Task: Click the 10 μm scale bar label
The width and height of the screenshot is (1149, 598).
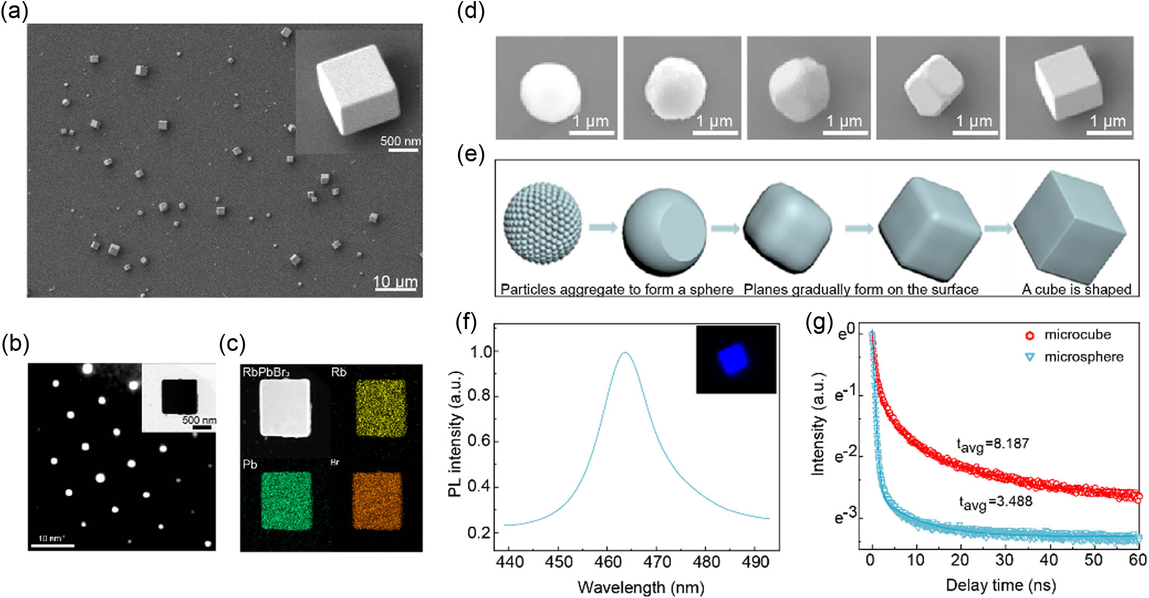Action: click(x=395, y=281)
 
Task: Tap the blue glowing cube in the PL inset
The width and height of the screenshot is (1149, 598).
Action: click(x=734, y=359)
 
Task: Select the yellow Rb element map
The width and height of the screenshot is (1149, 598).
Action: click(x=380, y=408)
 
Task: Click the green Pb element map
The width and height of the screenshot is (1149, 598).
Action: click(x=286, y=501)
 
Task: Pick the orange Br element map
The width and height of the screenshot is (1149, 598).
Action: click(x=378, y=501)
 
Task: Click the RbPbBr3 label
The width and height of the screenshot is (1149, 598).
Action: click(x=266, y=372)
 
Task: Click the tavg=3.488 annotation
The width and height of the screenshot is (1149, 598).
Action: click(x=995, y=502)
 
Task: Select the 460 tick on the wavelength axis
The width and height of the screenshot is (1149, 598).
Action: click(x=608, y=562)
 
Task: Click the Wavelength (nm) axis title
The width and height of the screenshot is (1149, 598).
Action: click(x=641, y=587)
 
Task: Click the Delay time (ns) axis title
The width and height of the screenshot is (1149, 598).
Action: click(x=1000, y=585)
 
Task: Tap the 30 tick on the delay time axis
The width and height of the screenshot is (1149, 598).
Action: click(x=1004, y=560)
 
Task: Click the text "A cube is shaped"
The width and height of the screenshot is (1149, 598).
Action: click(x=1076, y=289)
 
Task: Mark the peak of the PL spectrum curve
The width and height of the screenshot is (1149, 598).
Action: click(x=625, y=353)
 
